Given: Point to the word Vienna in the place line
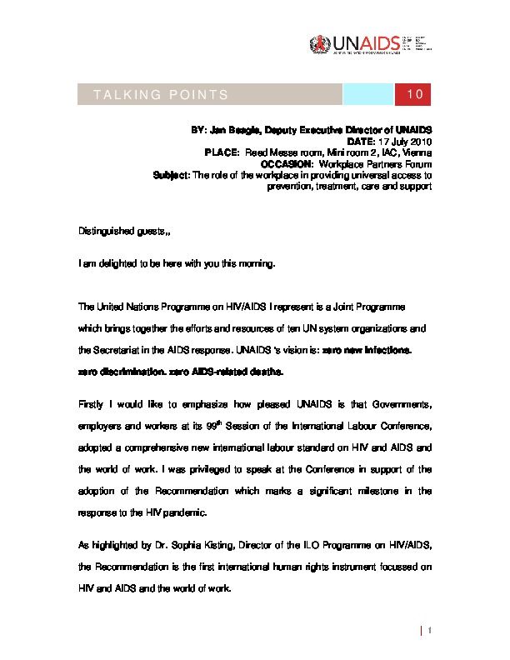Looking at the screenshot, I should pyautogui.click(x=416, y=153).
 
